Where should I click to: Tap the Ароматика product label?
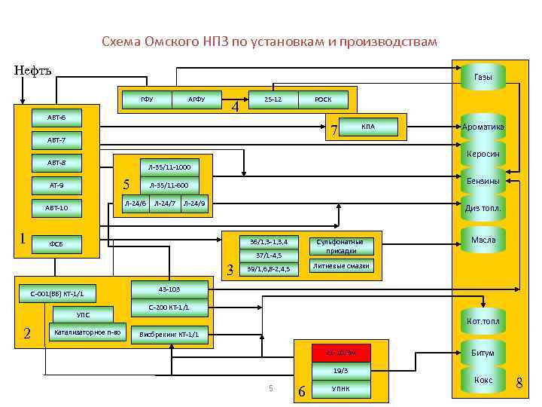click(483, 127)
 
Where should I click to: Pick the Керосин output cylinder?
click(483, 155)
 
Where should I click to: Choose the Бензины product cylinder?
click(483, 182)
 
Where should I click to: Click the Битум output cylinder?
click(483, 353)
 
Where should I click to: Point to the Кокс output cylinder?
click(483, 381)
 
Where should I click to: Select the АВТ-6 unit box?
click(56, 118)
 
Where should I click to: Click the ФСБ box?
click(56, 243)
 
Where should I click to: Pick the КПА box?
click(368, 126)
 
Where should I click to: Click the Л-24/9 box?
click(195, 203)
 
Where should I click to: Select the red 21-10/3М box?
click(341, 353)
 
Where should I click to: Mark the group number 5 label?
click(126, 184)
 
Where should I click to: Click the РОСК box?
click(323, 99)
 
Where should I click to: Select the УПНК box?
click(341, 388)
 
